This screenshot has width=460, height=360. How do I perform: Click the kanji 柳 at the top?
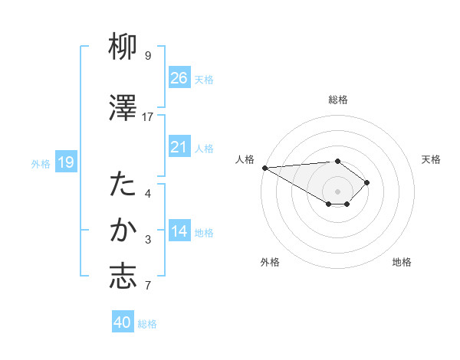(x=123, y=48)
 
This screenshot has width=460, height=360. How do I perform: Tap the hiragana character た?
(x=123, y=185)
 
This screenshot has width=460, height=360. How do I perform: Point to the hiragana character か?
(x=123, y=231)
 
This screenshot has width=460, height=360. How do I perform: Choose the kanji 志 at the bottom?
(x=123, y=277)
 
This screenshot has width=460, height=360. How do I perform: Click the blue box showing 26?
(x=179, y=77)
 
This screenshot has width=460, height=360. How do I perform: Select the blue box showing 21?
(x=179, y=147)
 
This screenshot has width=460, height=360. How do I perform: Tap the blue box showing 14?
(x=179, y=232)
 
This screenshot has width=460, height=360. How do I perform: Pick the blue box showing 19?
(x=65, y=162)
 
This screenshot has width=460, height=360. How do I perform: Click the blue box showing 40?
(x=123, y=322)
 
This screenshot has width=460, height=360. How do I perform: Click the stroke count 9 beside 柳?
(x=148, y=56)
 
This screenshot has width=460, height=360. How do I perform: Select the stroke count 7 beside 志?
(x=148, y=286)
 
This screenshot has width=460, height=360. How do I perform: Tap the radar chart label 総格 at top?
(x=338, y=100)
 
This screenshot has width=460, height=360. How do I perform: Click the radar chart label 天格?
(x=432, y=159)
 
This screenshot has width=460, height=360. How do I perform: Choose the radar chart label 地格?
(x=402, y=262)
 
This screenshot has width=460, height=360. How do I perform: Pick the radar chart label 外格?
(x=270, y=262)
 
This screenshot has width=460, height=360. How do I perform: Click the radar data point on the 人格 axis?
(x=264, y=167)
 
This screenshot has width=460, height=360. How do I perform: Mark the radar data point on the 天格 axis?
(x=368, y=182)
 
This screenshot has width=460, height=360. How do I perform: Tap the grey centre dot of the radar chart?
(x=337, y=190)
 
